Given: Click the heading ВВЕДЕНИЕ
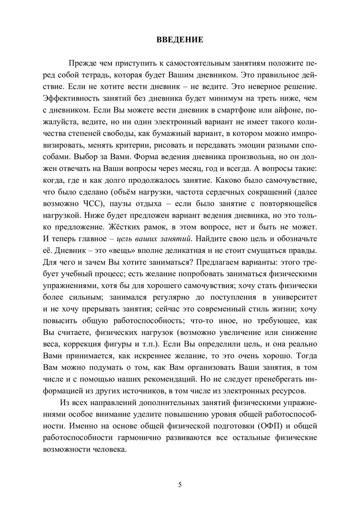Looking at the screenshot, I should pos(180,40).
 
